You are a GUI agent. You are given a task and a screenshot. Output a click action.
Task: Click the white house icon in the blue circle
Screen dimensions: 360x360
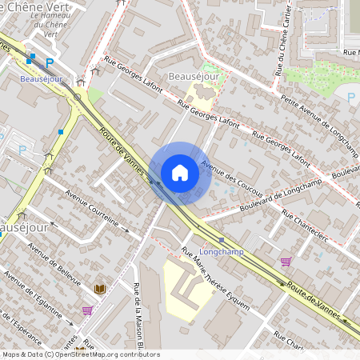pyautogui.click(x=180, y=172)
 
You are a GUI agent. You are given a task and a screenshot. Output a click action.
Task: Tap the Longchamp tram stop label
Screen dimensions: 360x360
pyautogui.click(x=221, y=251)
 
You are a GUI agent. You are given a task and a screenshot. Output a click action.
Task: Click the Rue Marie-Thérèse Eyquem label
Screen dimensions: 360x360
pyautogui.click(x=216, y=279)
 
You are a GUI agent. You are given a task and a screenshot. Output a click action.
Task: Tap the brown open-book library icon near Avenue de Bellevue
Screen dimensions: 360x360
pyautogui.click(x=100, y=289)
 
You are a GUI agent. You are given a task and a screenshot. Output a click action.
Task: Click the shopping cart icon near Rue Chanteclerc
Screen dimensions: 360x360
pyautogui.click(x=286, y=262)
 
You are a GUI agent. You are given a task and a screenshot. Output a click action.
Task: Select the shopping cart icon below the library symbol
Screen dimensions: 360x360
pyautogui.click(x=87, y=310)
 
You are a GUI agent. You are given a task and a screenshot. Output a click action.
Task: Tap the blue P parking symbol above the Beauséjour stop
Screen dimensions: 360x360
pyautogui.click(x=50, y=63)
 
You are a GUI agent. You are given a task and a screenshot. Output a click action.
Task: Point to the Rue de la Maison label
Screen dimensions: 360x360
pyautogui.click(x=138, y=320)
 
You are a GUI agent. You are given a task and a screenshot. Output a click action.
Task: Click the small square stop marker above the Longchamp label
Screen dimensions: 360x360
pyautogui.click(x=221, y=240)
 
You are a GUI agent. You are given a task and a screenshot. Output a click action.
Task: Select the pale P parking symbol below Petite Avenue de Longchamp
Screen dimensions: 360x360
pyautogui.click(x=350, y=98)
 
